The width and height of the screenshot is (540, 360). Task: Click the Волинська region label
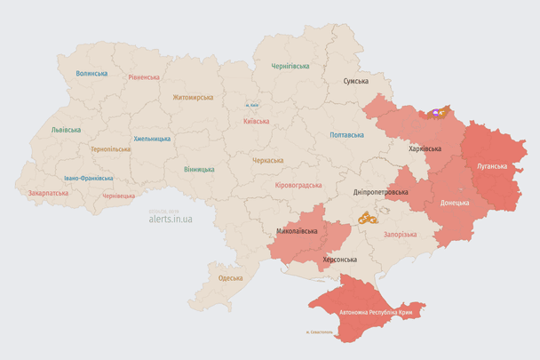[91, 74]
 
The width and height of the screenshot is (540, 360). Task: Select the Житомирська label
[192, 97]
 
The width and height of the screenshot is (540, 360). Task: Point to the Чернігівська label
[290, 66]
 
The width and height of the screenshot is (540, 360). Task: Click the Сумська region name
[356, 81]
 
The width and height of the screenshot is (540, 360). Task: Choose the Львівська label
[66, 130]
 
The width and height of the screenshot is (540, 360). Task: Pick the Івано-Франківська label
[88, 178]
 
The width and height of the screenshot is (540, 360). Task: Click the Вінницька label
[199, 169]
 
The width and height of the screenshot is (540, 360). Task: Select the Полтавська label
[346, 135]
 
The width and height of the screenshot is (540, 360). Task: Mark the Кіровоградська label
[298, 185]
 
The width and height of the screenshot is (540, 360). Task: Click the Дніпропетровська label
[381, 192]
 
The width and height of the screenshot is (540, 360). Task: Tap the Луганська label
[492, 166]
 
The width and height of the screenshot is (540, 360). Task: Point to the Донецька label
[456, 203]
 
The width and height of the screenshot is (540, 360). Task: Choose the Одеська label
[231, 278]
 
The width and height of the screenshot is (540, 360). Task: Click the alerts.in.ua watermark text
[171, 218]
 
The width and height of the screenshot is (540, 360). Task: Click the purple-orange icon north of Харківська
[438, 113]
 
